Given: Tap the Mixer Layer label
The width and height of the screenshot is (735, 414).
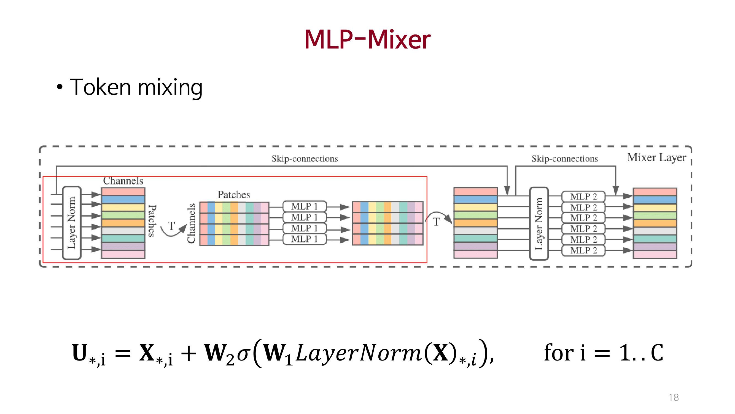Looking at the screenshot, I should [x=656, y=157].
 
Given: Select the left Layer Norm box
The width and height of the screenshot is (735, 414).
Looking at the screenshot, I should [x=72, y=223].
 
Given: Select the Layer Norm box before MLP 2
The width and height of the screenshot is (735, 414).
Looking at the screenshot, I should [x=539, y=224].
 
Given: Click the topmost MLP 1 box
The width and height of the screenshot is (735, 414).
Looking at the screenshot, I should [x=304, y=206].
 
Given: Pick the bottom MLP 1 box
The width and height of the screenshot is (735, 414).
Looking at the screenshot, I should [x=304, y=239].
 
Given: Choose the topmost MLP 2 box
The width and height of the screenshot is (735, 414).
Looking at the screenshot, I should [x=583, y=196].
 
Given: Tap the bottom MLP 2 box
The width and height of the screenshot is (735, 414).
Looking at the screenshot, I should [x=583, y=250].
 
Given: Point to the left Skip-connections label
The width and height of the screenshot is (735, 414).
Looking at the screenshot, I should [x=305, y=159].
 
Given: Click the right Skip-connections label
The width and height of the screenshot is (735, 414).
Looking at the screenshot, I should [x=564, y=159].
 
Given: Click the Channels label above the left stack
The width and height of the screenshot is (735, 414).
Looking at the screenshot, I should [x=123, y=181].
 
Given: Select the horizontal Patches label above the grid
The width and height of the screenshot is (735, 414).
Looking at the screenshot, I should [x=234, y=195].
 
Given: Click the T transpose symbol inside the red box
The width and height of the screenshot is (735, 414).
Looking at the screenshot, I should [x=171, y=226].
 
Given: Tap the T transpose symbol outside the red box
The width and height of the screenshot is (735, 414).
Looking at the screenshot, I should [x=436, y=222].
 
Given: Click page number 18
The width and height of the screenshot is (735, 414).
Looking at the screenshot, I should [x=673, y=397].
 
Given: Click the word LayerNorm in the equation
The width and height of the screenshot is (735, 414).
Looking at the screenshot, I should [x=358, y=353].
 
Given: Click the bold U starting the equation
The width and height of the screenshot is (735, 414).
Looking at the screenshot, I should [x=79, y=352].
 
